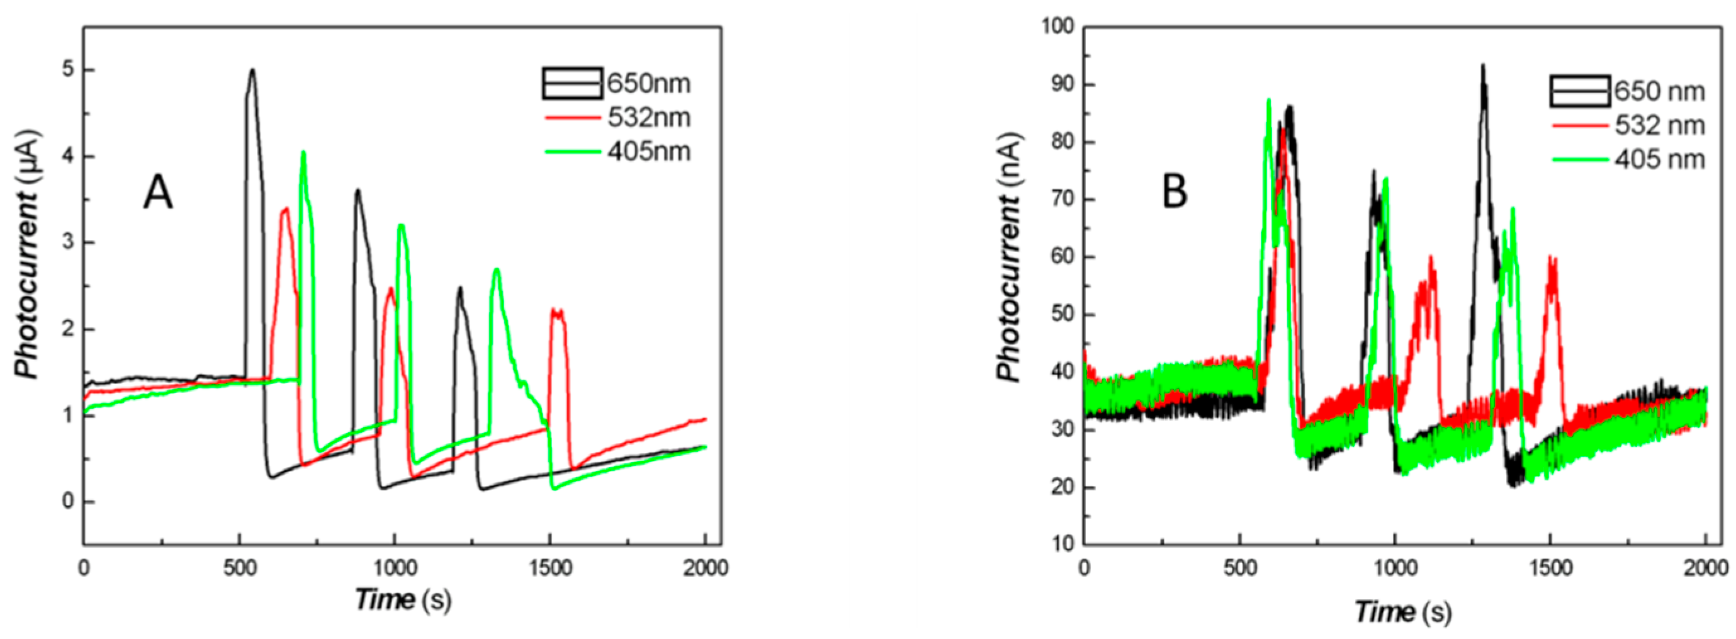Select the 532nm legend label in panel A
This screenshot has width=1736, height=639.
[x=648, y=118]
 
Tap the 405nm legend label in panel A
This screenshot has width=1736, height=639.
[x=648, y=152]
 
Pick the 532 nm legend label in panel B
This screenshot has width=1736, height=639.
[x=1659, y=125]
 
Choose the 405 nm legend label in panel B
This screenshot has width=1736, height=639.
[x=1659, y=160]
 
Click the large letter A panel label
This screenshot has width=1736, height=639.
[x=158, y=193]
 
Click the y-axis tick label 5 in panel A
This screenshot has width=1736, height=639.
[x=68, y=71]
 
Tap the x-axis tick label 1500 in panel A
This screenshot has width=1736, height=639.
[x=550, y=569]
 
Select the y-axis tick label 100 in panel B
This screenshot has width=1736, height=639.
[x=1057, y=27]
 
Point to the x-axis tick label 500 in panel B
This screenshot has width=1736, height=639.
[x=1240, y=569]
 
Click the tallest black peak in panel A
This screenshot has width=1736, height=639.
[x=252, y=70]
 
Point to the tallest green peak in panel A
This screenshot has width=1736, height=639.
[x=303, y=153]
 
